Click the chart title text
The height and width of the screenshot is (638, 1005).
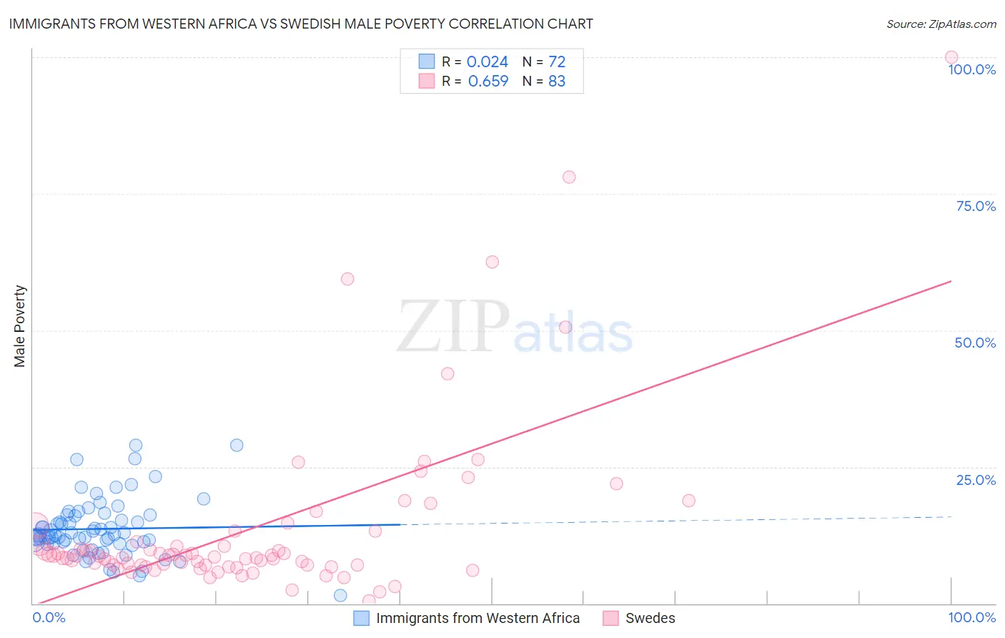pos(301,24)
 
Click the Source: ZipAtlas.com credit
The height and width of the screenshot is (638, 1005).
pos(941,24)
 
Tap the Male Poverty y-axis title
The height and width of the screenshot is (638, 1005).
pos(19,326)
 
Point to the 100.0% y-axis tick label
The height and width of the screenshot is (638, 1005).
pos(971,69)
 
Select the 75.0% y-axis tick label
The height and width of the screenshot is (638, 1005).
pos(976,206)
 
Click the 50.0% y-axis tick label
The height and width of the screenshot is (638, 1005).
pos(975,343)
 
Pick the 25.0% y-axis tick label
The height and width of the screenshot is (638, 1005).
pos(976,480)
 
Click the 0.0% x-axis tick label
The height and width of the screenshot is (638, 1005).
pos(49,617)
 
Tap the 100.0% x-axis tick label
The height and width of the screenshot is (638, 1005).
pos(971,617)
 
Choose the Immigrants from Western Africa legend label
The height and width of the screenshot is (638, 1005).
pos(477,618)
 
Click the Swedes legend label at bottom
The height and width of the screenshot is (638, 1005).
pos(650,618)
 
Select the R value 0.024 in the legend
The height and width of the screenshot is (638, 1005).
pos(487,62)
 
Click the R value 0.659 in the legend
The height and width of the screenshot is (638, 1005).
pos(488,82)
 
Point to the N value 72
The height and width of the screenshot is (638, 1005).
pos(557,62)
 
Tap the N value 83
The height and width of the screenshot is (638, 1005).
pos(557,82)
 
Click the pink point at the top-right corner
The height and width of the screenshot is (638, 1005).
pos(951,57)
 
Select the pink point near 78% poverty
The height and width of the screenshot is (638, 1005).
pos(569,177)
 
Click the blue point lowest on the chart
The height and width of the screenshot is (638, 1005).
pos(340,595)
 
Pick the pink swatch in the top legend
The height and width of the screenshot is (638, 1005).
pos(427,81)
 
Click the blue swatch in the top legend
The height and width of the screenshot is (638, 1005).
pos(427,62)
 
